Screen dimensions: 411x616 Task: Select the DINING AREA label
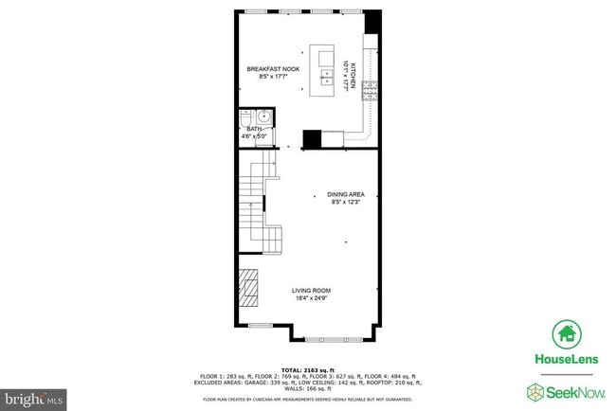[x=346, y=194]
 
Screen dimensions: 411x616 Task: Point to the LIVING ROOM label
[x=310, y=291]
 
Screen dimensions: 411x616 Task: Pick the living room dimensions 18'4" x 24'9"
[x=310, y=299]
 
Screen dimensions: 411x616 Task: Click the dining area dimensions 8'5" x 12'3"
[x=346, y=202]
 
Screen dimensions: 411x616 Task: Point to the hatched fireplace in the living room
[x=248, y=290]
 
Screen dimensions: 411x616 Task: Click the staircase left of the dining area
[x=252, y=204]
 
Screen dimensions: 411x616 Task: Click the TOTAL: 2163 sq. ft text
[x=307, y=369]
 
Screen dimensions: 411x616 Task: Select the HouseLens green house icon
[x=567, y=334]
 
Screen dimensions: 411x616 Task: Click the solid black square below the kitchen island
[x=312, y=139]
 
